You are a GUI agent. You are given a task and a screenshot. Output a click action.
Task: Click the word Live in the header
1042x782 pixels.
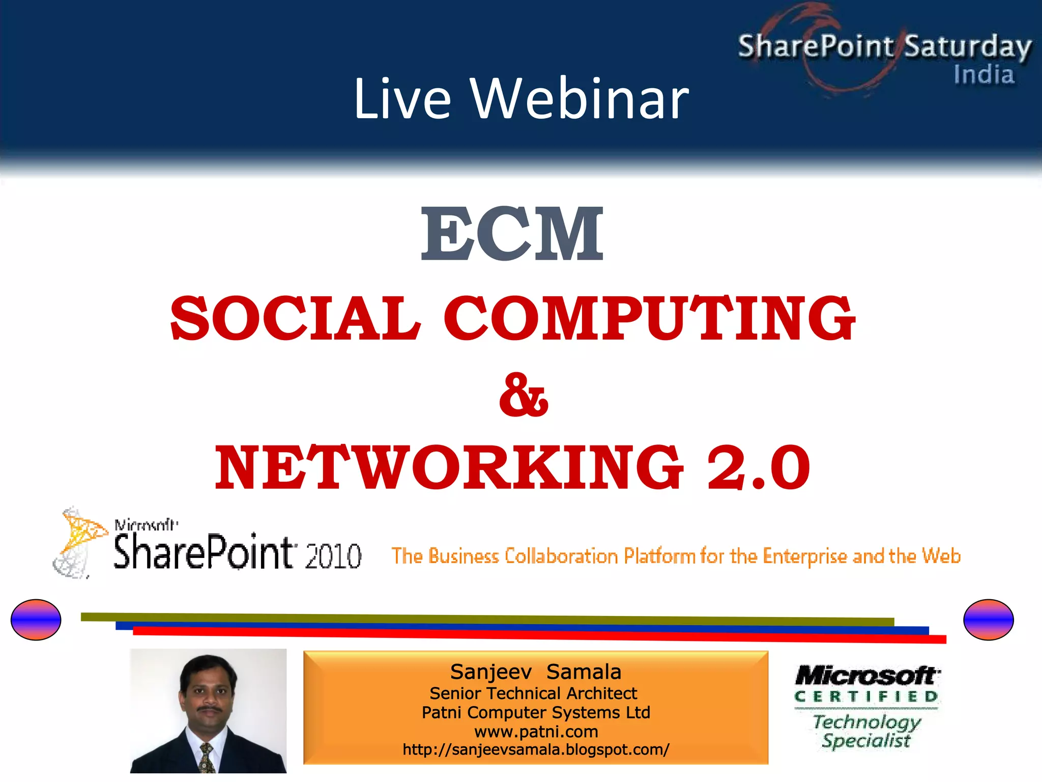pyautogui.click(x=402, y=99)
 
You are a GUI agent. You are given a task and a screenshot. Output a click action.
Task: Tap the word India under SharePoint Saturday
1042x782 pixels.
pyautogui.click(x=983, y=75)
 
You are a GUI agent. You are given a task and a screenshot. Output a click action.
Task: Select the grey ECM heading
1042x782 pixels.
pyautogui.click(x=512, y=234)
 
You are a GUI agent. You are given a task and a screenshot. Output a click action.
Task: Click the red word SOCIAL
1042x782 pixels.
pyautogui.click(x=295, y=319)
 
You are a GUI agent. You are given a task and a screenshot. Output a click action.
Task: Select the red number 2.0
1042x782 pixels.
pyautogui.click(x=758, y=467)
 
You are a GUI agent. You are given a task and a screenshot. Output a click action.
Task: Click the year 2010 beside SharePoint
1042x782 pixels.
pyautogui.click(x=333, y=556)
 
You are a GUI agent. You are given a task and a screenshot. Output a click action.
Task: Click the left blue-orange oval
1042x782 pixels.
pyautogui.click(x=36, y=620)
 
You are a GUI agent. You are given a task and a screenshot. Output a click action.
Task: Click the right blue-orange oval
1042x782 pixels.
pyautogui.click(x=988, y=620)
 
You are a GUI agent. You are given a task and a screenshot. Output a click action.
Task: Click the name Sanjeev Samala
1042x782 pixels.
pyautogui.click(x=535, y=672)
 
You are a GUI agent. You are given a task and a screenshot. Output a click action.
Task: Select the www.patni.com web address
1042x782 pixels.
pyautogui.click(x=536, y=732)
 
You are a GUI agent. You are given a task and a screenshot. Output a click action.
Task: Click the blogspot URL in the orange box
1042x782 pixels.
pyautogui.click(x=536, y=749)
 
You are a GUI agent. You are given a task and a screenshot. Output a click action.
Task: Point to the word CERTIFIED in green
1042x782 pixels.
pyautogui.click(x=866, y=696)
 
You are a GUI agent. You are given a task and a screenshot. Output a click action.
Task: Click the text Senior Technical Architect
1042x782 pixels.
pyautogui.click(x=533, y=693)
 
